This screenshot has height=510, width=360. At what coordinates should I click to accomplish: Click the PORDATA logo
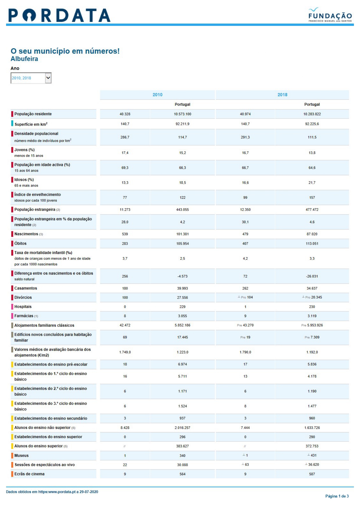(x=60, y=15)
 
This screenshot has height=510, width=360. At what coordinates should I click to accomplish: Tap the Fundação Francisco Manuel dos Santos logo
(x=330, y=15)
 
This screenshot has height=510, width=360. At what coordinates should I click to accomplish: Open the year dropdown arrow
(x=48, y=78)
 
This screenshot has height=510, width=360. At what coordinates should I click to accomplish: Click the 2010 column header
(x=157, y=95)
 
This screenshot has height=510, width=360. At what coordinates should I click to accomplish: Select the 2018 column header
(x=282, y=95)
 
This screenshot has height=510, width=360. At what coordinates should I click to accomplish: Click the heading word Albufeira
(x=24, y=59)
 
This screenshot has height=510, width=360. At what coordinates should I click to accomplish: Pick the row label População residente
(x=33, y=114)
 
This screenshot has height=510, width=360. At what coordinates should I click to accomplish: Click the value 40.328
(x=125, y=114)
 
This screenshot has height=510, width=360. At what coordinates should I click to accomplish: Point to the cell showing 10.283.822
(x=312, y=114)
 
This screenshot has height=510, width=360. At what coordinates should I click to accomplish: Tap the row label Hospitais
(x=23, y=307)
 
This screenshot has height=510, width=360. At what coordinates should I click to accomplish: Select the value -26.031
(x=312, y=276)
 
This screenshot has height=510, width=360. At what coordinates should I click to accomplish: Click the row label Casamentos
(x=26, y=288)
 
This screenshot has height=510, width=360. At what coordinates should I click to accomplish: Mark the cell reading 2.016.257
(x=182, y=428)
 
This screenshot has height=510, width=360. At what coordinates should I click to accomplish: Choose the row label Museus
(x=21, y=456)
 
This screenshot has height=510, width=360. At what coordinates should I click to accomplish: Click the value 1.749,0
(x=125, y=352)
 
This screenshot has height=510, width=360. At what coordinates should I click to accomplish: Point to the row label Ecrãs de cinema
(x=29, y=474)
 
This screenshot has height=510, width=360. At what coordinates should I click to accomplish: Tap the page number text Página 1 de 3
(x=337, y=496)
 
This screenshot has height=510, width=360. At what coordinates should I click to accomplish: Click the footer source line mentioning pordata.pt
(x=52, y=492)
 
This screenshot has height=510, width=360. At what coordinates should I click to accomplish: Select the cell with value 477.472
(x=312, y=210)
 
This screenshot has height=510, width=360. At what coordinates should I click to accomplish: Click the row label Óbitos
(x=20, y=243)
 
